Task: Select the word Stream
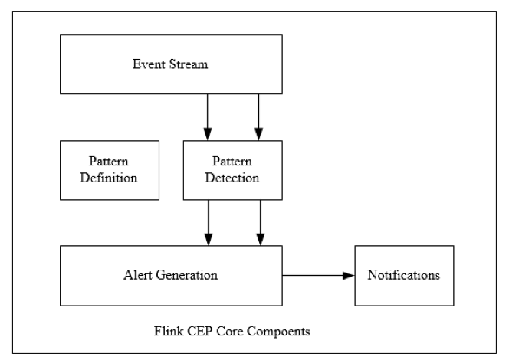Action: [x=188, y=64]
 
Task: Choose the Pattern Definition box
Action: [x=110, y=170]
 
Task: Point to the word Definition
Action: [x=110, y=178]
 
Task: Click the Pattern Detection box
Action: [x=233, y=170]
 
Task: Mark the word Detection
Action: [x=233, y=178]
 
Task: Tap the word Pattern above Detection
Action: [x=233, y=162]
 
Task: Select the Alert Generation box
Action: [x=171, y=275]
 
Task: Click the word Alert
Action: [x=139, y=275]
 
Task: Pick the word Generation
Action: [x=186, y=275]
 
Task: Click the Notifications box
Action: [x=403, y=275]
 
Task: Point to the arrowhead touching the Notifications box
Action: [x=349, y=275]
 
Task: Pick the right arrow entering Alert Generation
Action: [x=261, y=222]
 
